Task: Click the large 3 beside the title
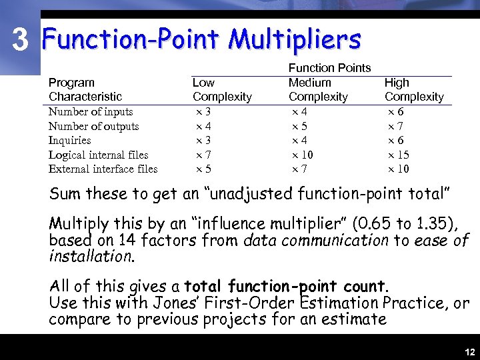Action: point(21,41)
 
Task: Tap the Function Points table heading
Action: point(329,68)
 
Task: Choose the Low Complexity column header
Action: point(221,89)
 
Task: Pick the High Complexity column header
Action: point(413,89)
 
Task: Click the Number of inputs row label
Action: point(91,112)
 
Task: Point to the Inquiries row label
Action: point(69,140)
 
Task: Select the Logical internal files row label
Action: point(98,155)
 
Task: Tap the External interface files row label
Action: point(103,169)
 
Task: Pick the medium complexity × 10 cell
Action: point(303,155)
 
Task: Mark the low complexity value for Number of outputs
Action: point(203,126)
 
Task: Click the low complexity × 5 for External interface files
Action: point(203,169)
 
